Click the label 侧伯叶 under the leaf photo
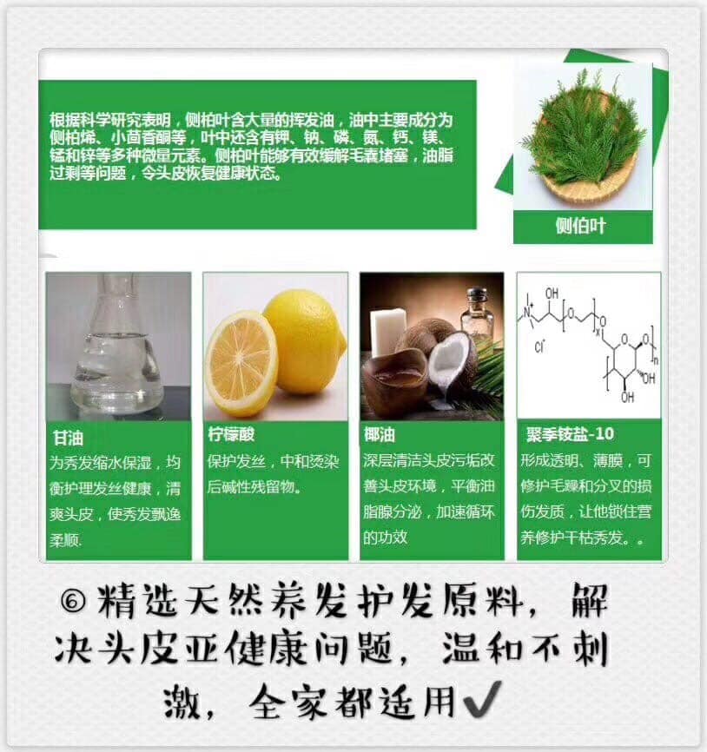click(x=581, y=226)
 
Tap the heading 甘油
click(x=68, y=438)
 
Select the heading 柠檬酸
click(x=231, y=434)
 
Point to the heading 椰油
click(x=380, y=434)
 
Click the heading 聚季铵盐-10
click(x=570, y=434)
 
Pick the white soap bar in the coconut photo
click(x=387, y=331)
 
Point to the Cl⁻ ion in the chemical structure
click(x=539, y=346)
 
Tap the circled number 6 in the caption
click(x=73, y=600)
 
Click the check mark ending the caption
click(x=482, y=699)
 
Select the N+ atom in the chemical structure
click(x=527, y=313)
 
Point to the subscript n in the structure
click(x=656, y=360)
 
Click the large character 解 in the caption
click(x=589, y=599)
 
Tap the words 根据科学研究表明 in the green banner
click(x=109, y=120)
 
